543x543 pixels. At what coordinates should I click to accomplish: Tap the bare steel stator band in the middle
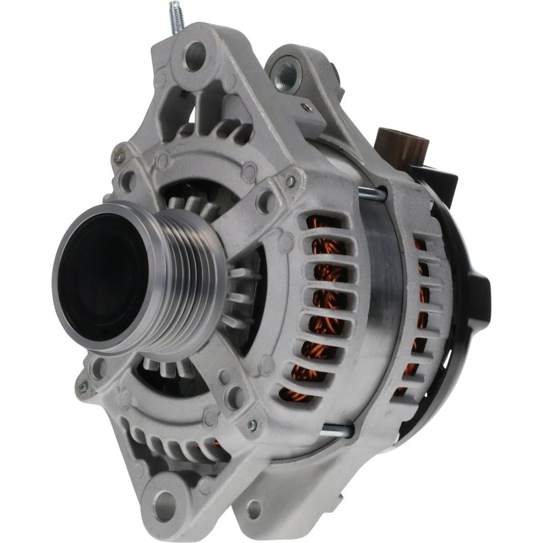pyautogui.click(x=380, y=305)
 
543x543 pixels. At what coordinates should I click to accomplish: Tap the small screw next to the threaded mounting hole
pyautogui.click(x=307, y=107)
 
